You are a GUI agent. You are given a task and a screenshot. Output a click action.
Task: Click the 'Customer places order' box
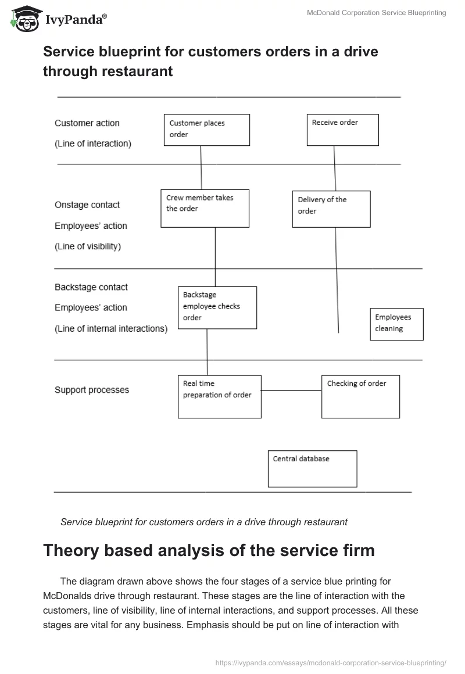point(207,130)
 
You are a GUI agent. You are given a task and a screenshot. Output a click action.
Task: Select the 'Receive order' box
point(342,130)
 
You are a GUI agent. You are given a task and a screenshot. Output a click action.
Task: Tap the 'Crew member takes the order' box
point(205,208)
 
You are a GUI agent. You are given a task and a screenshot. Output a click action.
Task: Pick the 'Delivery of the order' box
point(331,209)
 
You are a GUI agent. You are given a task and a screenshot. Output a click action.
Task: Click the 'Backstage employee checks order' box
point(217,307)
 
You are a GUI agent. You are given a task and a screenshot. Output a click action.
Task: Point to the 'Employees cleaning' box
point(397,324)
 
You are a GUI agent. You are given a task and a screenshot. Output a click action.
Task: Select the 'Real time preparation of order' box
point(219,396)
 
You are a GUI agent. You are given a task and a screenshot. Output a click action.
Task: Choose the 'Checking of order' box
point(360,396)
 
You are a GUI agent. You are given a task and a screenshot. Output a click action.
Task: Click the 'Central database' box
point(312,468)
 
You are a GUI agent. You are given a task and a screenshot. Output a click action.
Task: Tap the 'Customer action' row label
point(87,123)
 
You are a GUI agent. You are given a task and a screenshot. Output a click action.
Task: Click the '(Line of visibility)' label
point(88,246)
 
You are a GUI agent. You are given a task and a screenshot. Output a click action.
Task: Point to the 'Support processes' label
point(92,390)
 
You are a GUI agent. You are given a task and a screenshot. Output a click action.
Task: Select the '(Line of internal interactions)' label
point(111,329)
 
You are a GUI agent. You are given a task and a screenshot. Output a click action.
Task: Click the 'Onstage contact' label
point(87,205)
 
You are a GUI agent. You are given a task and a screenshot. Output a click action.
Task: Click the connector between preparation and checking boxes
point(291,391)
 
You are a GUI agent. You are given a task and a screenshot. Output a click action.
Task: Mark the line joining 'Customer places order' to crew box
point(201,167)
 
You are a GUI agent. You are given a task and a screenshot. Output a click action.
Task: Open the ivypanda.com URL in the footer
point(330,662)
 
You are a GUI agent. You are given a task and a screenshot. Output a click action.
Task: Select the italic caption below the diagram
point(204,522)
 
